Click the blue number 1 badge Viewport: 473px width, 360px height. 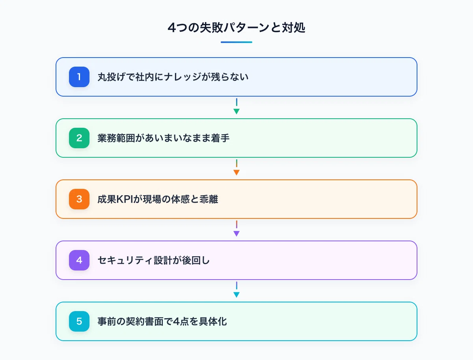pos(79,77)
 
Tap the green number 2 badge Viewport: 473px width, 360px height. pos(79,138)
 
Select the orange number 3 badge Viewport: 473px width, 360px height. pos(79,199)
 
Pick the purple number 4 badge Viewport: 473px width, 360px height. pos(79,260)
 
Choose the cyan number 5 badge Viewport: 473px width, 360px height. pos(79,321)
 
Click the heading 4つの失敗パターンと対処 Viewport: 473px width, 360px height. pos(236,28)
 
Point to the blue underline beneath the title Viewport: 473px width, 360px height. pos(236,42)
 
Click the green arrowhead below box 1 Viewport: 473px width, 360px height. pos(236,111)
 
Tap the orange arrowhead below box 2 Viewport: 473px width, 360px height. pos(236,172)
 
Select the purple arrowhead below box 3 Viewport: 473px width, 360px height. pos(236,233)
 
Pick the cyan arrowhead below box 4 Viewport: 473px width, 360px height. pos(236,295)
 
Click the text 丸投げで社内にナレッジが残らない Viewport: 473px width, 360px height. pos(173,77)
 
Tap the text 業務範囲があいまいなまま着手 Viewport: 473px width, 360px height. pos(164,138)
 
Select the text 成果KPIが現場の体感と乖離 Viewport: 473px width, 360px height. pos(158,199)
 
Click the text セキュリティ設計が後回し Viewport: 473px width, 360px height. pos(153,260)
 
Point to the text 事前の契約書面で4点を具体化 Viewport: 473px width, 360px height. pos(162,321)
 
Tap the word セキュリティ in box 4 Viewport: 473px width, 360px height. pos(125,260)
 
